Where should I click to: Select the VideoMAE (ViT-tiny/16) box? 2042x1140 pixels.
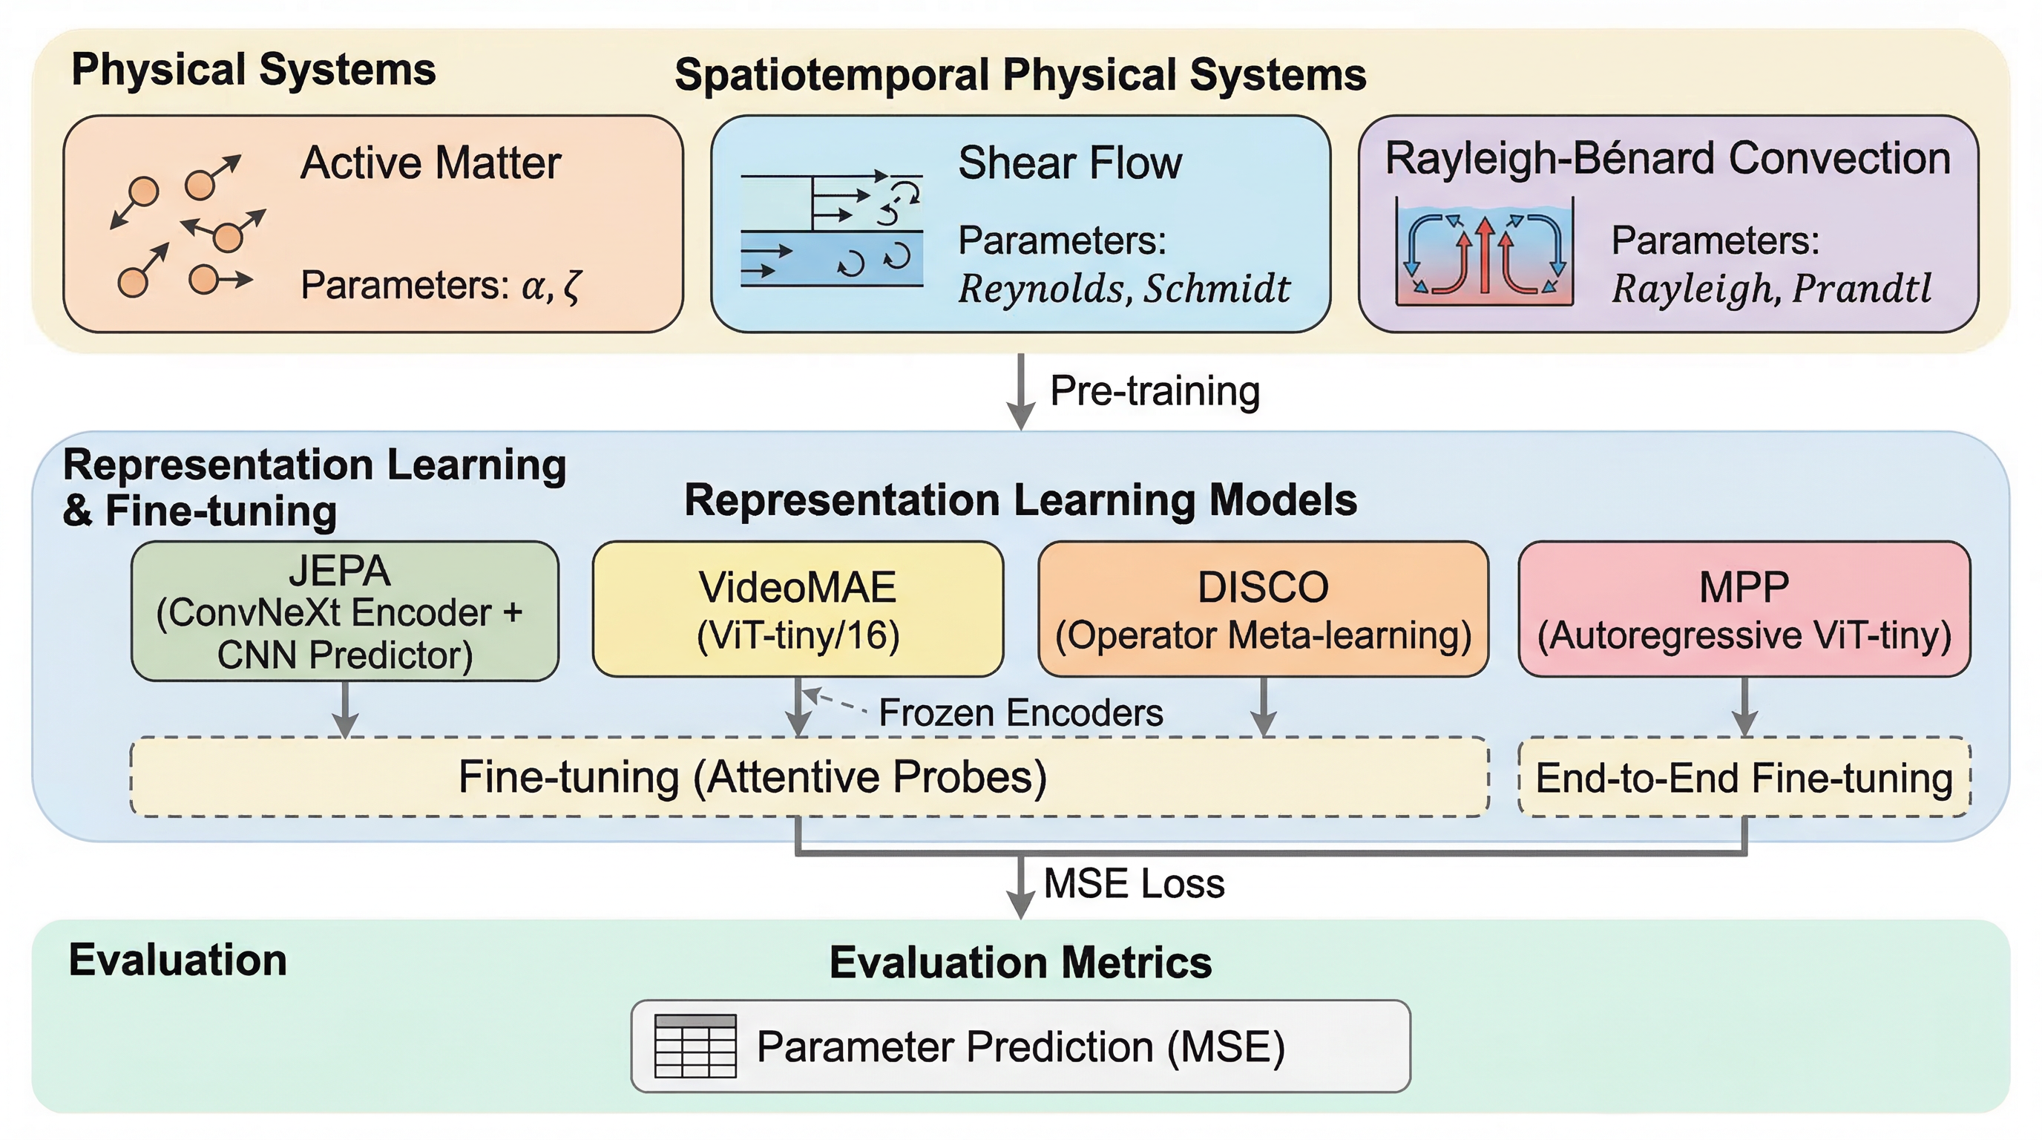[798, 609]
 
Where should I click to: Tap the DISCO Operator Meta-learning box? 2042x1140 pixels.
[1263, 609]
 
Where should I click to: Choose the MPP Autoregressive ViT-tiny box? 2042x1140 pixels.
[1744, 609]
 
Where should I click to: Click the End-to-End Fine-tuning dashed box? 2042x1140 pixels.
[1744, 778]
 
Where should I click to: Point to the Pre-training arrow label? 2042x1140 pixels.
[1154, 391]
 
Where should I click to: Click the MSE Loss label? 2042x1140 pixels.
[1134, 883]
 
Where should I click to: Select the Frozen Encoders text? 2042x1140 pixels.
[1020, 712]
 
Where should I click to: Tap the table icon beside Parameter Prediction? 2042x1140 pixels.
[695, 1046]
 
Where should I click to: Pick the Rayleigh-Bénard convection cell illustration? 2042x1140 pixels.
[1484, 252]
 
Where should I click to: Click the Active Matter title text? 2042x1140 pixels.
[430, 163]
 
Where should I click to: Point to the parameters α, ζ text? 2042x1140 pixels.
[441, 286]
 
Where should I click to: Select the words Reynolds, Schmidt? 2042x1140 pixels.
[1123, 289]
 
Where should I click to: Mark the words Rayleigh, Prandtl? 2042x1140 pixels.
[1771, 289]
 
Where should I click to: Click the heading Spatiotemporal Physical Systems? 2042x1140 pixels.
[1020, 75]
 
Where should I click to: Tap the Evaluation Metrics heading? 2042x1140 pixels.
[1020, 963]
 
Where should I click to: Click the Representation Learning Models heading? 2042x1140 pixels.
[1020, 500]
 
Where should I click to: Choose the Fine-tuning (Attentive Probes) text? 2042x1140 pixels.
[752, 777]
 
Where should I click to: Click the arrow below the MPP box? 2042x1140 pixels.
[1744, 707]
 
